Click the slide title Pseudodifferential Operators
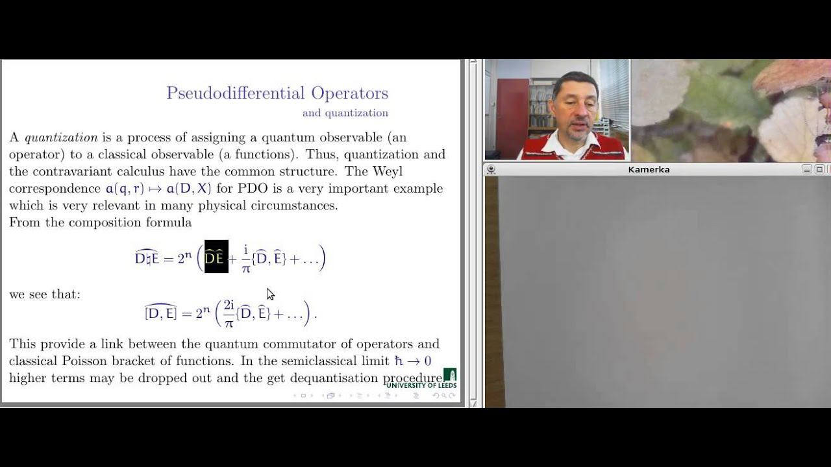[277, 93]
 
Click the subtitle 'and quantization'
[345, 113]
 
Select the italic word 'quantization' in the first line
[61, 138]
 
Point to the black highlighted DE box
[216, 257]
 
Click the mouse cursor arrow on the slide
[269, 293]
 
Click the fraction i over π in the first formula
[246, 258]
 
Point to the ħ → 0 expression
[413, 361]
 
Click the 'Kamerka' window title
[649, 169]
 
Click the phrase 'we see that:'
[45, 294]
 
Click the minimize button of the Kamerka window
[806, 169]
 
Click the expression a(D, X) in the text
[189, 189]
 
